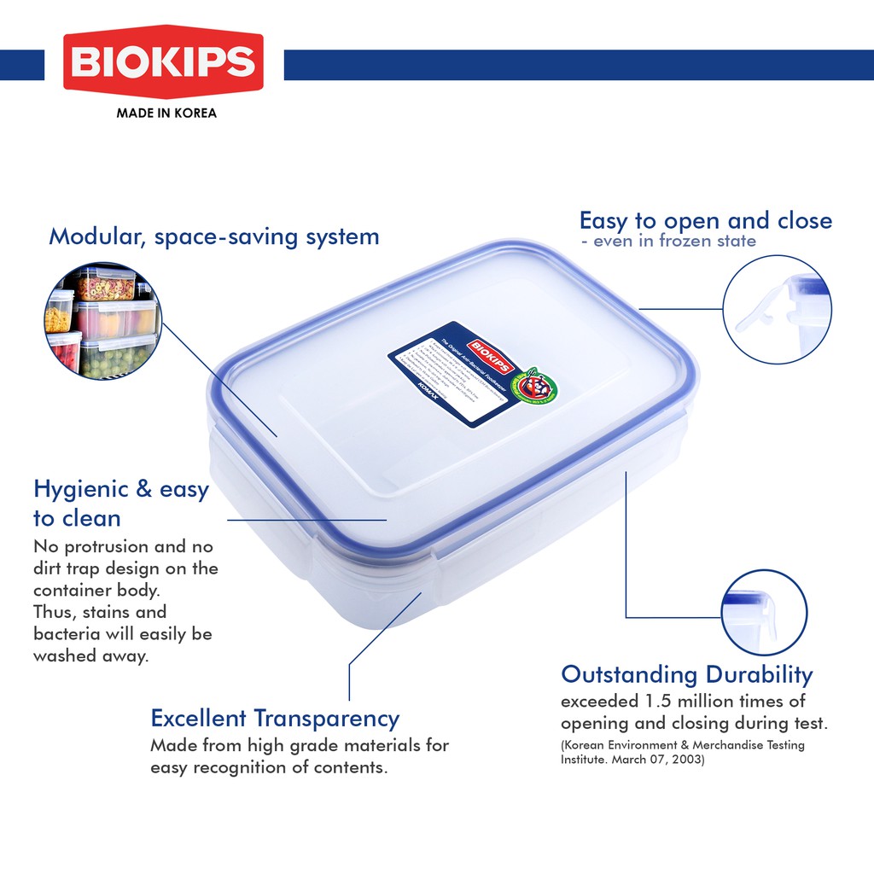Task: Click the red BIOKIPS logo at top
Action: point(162,62)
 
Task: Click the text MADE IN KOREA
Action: point(166,113)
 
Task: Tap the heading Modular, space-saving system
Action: point(213,236)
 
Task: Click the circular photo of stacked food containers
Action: point(102,322)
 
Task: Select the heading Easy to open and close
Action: point(705,221)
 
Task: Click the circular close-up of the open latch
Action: point(777,309)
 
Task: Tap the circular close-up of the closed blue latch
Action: point(763,612)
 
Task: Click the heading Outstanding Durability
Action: point(686,675)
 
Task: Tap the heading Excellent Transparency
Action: point(275,718)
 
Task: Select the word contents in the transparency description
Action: point(350,767)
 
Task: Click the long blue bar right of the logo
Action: point(578,65)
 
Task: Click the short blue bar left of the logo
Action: point(22,65)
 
